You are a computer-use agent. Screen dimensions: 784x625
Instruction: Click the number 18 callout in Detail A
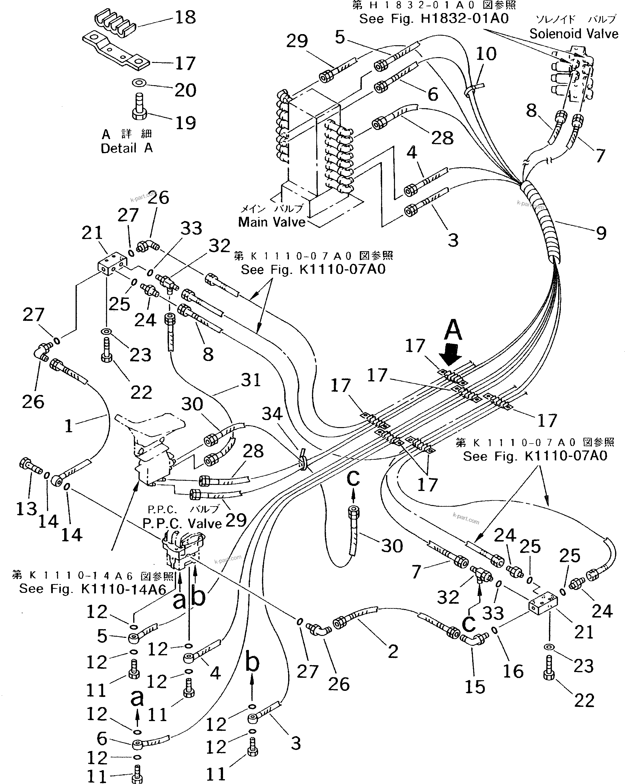coord(185,17)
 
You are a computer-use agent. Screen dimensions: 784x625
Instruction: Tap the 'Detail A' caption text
coord(126,148)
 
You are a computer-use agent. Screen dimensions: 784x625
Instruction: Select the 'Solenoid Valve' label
coord(573,34)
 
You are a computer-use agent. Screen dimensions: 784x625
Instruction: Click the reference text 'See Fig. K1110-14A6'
coord(92,589)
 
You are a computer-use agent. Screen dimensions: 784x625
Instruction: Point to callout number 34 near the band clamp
coord(272,414)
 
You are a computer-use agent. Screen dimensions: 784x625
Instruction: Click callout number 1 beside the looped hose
coord(69,425)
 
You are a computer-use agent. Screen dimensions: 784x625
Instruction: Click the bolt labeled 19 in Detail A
coord(139,107)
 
